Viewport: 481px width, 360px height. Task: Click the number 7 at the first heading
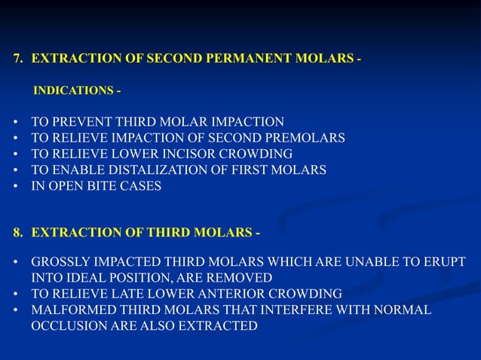tap(17, 58)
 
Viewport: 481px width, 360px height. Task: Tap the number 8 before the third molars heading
tap(17, 233)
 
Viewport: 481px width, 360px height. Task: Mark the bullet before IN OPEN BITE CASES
tap(16, 186)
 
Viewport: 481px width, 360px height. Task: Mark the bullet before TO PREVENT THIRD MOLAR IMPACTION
tap(16, 121)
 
